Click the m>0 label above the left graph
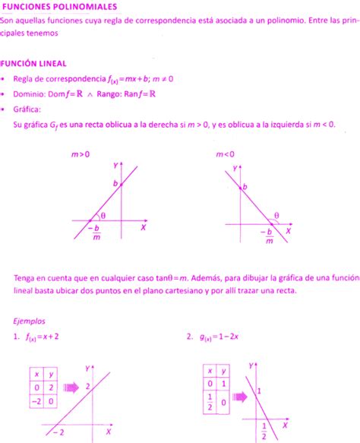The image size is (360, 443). (81, 154)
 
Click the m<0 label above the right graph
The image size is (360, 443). (225, 154)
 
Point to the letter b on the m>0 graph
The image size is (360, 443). (115, 184)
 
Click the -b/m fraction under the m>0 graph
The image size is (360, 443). (96, 232)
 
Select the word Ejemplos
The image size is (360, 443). (30, 321)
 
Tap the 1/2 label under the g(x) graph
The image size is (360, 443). (264, 432)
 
